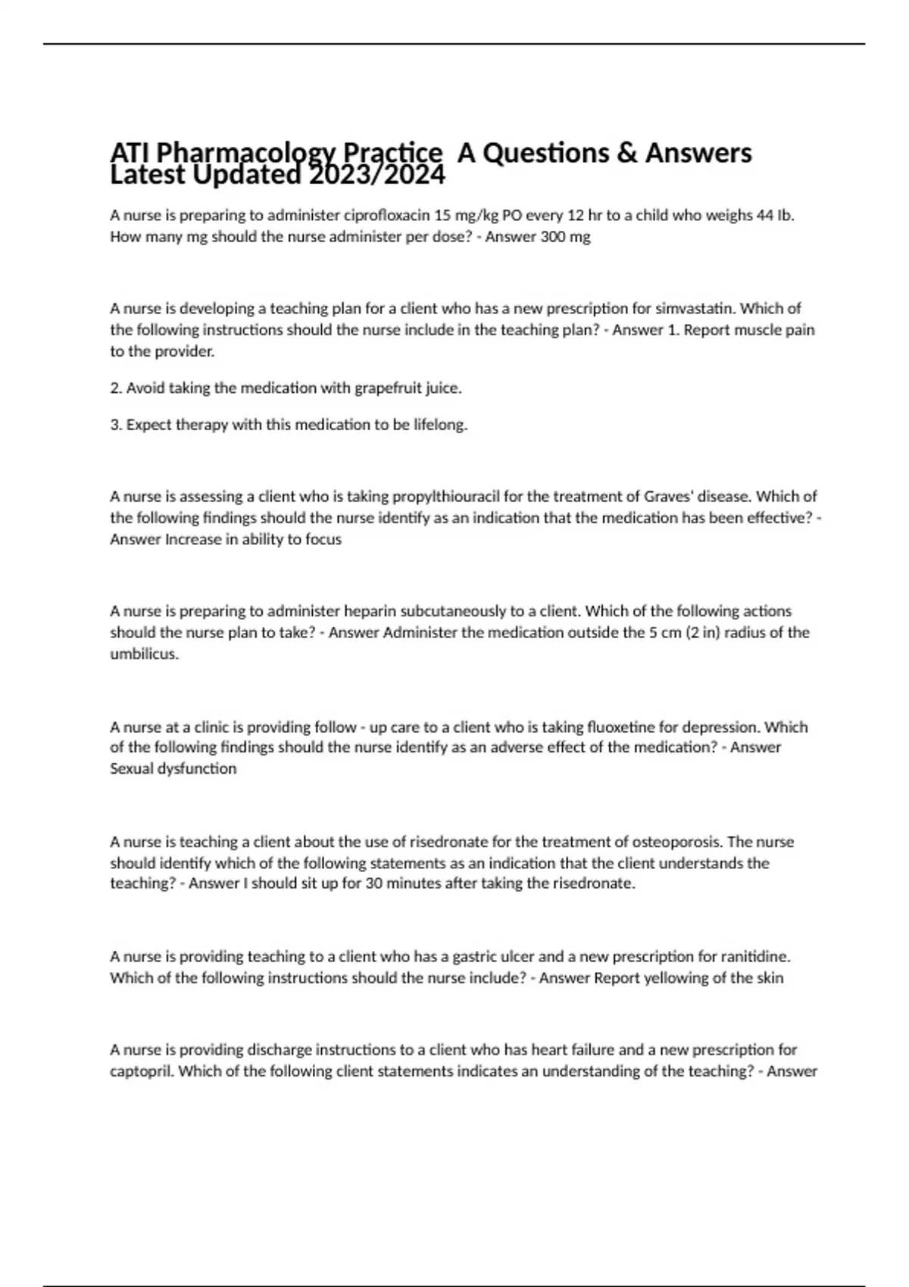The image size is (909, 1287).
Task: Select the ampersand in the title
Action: tap(626, 153)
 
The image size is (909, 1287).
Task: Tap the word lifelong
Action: tap(440, 425)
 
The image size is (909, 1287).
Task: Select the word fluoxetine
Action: tap(620, 727)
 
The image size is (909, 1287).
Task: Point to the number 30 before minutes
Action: tap(373, 883)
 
